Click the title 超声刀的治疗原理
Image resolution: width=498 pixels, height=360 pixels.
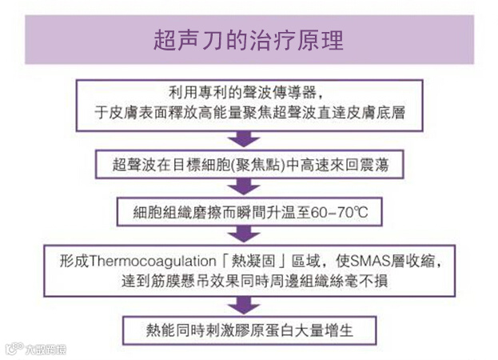pos(249,40)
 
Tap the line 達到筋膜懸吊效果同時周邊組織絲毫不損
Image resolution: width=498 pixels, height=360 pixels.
pos(249,281)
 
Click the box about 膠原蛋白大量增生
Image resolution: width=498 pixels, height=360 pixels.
pos(248,328)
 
